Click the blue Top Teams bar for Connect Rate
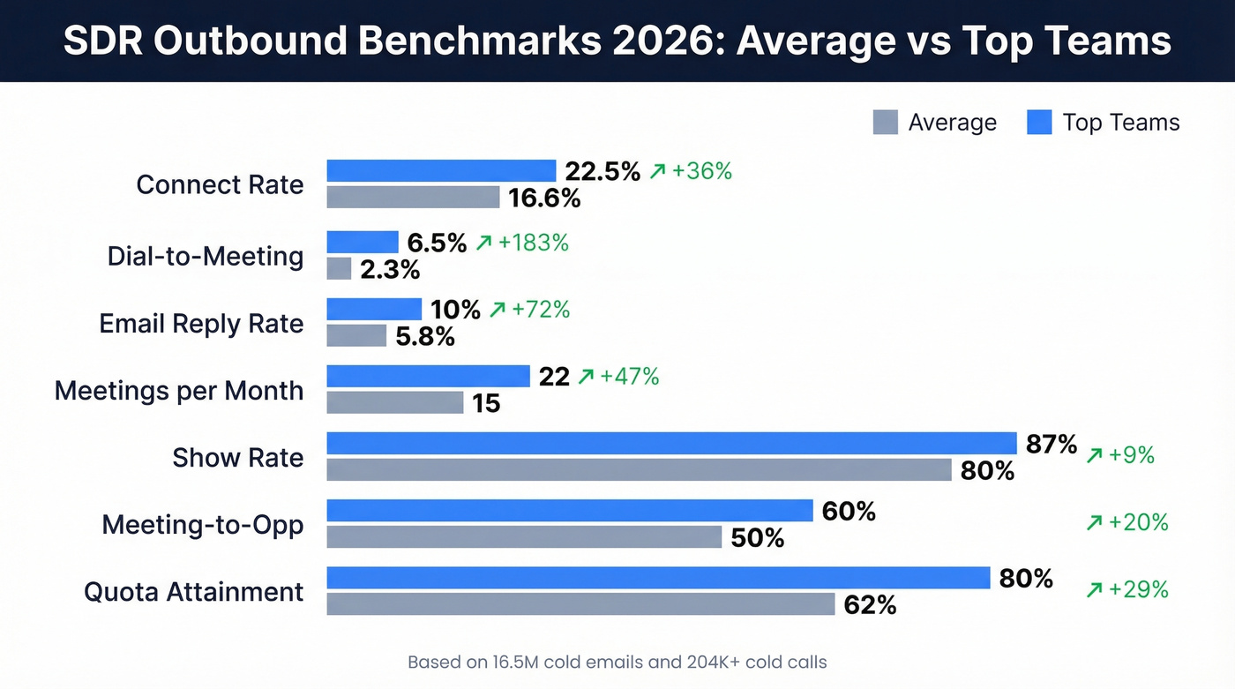pos(441,170)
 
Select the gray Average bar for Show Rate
pos(639,469)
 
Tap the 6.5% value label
pos(437,243)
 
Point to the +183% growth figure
pos(534,243)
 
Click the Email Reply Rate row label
pos(201,324)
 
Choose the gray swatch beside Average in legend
pos(885,122)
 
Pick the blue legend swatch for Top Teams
pos(1039,122)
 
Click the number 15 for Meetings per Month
pos(486,403)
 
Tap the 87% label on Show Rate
pos(1052,445)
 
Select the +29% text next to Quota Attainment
pos(1138,589)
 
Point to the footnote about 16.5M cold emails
pos(617,662)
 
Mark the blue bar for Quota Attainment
pos(658,578)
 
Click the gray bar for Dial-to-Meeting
pos(339,268)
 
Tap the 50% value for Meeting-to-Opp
pos(758,537)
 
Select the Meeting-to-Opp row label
pos(203,525)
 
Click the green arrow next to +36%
pos(657,172)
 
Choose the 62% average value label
pos(870,604)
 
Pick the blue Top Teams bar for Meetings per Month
pos(428,376)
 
